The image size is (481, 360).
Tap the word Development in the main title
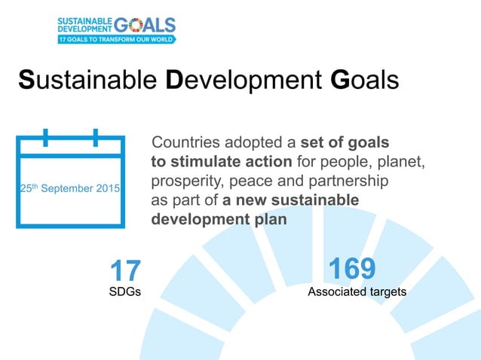(x=244, y=81)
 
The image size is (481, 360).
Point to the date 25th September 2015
(x=69, y=188)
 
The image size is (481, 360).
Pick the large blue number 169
(x=352, y=268)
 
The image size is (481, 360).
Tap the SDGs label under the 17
(x=125, y=292)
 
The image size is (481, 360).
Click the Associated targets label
(x=357, y=291)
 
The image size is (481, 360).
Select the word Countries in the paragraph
(x=186, y=143)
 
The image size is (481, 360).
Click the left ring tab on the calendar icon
(x=46, y=138)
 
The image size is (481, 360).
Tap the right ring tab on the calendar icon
(x=96, y=138)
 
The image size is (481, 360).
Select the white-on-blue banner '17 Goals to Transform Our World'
(x=116, y=38)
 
